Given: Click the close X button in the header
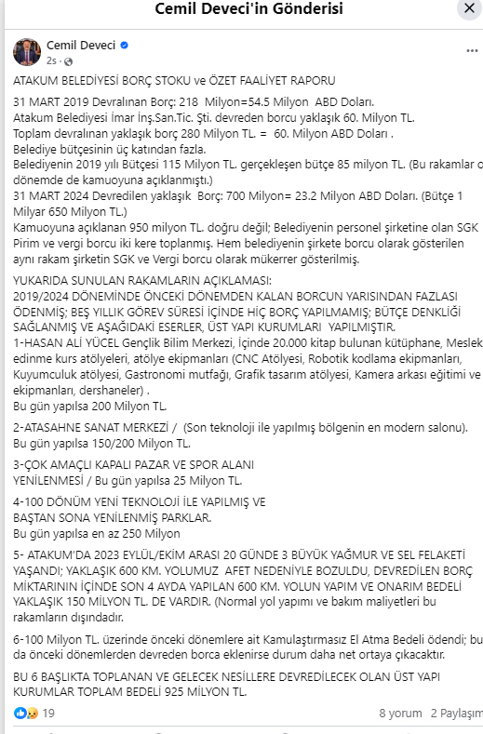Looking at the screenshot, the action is click(x=468, y=8).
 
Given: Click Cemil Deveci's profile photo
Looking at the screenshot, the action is click(x=26, y=52).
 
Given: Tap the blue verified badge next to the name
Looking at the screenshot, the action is click(x=124, y=45).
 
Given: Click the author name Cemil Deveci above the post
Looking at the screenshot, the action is click(x=81, y=45).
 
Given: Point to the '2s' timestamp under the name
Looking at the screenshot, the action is click(x=51, y=60).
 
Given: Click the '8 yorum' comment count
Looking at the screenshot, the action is click(x=400, y=714).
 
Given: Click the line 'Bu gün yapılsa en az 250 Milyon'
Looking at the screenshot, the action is click(x=96, y=533).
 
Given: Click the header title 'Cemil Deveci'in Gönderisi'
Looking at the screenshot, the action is click(x=241, y=10).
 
